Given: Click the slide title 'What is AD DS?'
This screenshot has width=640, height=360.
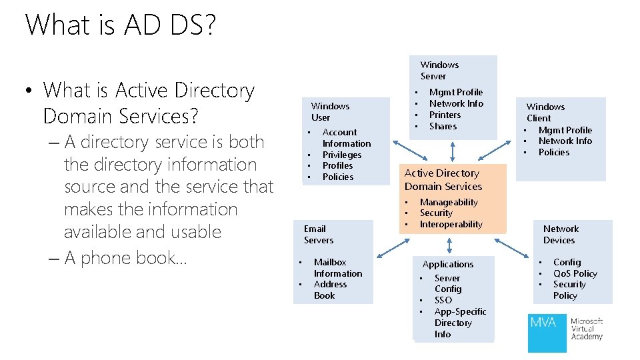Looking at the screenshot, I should [x=120, y=25].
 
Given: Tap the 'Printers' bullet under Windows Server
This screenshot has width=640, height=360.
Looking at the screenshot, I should [x=445, y=115].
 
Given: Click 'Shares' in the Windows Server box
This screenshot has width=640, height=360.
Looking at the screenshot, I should [x=443, y=126].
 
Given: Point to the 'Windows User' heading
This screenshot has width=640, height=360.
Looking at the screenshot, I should [x=330, y=111].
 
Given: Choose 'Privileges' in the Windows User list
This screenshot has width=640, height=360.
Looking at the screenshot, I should [x=341, y=155].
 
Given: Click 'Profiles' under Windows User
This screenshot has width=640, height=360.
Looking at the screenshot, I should [x=337, y=165].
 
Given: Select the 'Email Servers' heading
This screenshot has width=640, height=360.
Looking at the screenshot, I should [x=318, y=235].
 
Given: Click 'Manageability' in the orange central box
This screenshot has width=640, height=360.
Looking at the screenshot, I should [x=448, y=202].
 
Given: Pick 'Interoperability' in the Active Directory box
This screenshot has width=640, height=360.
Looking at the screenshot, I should [x=451, y=225].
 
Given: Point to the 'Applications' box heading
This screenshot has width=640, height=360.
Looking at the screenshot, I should [x=448, y=264].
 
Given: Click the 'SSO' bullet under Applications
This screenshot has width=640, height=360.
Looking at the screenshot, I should [x=443, y=300].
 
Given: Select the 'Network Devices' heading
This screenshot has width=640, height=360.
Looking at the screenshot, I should [x=561, y=235].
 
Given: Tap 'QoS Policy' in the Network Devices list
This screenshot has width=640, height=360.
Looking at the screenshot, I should [x=575, y=273].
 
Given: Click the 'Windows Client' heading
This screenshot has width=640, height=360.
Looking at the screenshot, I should [x=545, y=112].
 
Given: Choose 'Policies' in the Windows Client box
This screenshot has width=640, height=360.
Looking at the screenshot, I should [x=553, y=152].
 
